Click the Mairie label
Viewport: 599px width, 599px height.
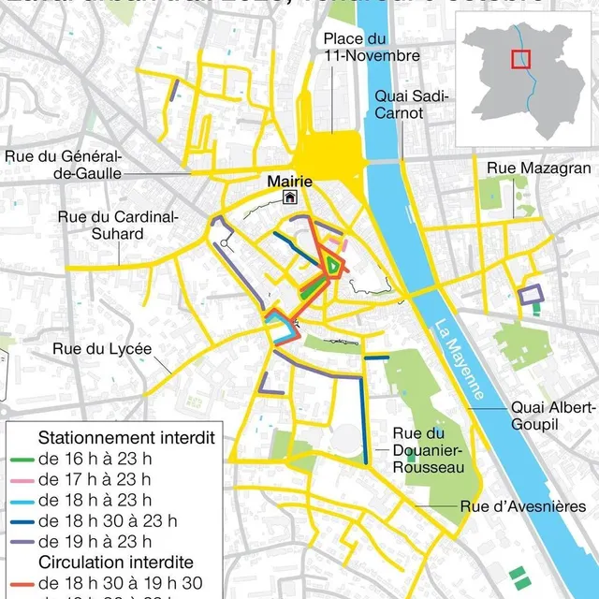(x=289, y=181)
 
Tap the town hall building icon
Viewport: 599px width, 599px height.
(x=290, y=197)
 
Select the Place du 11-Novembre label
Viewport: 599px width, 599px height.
(x=372, y=47)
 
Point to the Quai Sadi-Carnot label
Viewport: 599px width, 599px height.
(x=412, y=104)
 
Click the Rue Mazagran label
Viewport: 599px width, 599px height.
(x=539, y=168)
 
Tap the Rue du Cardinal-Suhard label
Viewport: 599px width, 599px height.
(x=118, y=225)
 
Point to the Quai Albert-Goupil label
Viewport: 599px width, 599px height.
(x=552, y=416)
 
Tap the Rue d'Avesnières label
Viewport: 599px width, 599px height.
(x=522, y=506)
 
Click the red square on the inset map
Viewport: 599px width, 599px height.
(x=519, y=60)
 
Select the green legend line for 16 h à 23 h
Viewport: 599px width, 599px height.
(x=23, y=460)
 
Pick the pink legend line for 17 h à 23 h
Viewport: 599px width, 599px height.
(x=23, y=480)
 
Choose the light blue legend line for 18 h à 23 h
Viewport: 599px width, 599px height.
(x=23, y=501)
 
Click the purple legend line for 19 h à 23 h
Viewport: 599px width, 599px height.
(x=23, y=542)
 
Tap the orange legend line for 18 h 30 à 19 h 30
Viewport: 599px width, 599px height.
(x=23, y=583)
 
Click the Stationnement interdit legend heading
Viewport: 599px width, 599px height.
(x=126, y=438)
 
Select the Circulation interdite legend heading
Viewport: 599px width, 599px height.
(x=115, y=562)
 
